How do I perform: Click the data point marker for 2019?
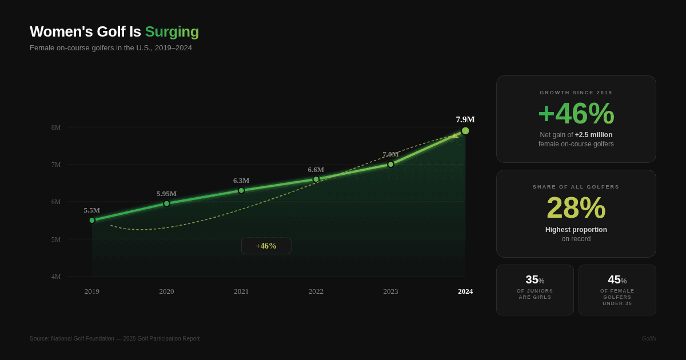(x=92, y=220)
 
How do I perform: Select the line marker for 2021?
(x=241, y=190)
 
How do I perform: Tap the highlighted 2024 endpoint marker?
(x=465, y=131)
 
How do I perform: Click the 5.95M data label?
(x=166, y=194)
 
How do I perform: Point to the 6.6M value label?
(x=316, y=170)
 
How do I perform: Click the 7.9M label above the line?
(x=465, y=119)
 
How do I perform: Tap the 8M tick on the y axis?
(x=56, y=127)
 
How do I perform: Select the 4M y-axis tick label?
(x=56, y=277)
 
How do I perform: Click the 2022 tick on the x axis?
(x=316, y=291)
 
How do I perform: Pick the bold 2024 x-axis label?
(x=465, y=291)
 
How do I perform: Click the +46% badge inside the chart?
(x=266, y=246)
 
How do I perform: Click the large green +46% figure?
(x=576, y=113)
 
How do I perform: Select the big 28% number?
(x=576, y=207)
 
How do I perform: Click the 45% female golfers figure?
(x=617, y=280)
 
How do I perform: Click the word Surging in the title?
(x=171, y=31)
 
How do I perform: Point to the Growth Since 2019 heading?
(x=576, y=93)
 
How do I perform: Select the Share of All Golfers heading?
(x=576, y=187)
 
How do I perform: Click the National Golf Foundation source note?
(x=115, y=338)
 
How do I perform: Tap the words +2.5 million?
(x=593, y=135)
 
